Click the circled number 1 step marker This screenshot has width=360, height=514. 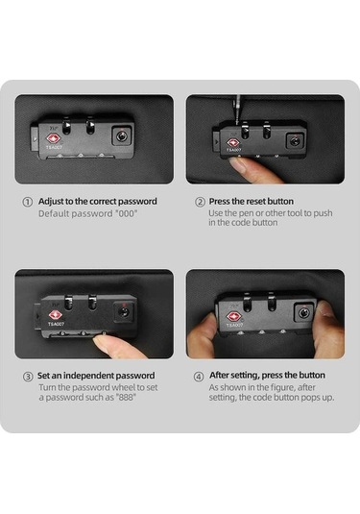pyautogui.click(x=28, y=202)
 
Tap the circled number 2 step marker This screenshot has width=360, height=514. pyautogui.click(x=200, y=202)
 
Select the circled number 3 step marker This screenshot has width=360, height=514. pyautogui.click(x=28, y=377)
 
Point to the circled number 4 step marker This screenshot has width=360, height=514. pyautogui.click(x=199, y=377)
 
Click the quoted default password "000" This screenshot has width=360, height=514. pyautogui.click(x=126, y=213)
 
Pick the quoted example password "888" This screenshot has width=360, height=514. pyautogui.click(x=127, y=398)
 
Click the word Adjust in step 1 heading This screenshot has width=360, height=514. pyautogui.click(x=51, y=202)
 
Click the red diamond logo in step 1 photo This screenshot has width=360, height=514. pyautogui.click(x=54, y=138)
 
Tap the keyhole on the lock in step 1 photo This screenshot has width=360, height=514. pyautogui.click(x=122, y=135)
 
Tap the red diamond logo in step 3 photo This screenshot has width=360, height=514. pyautogui.click(x=56, y=315)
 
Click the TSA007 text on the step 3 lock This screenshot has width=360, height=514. pyautogui.click(x=57, y=324)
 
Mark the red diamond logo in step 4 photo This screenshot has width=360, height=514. pyautogui.click(x=233, y=317)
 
